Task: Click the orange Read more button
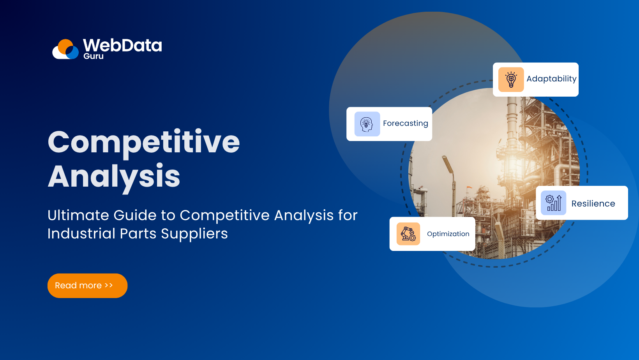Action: [x=87, y=286]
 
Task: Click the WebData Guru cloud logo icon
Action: [x=66, y=49]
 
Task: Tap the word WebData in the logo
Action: [x=122, y=45]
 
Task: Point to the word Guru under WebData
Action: [x=94, y=56]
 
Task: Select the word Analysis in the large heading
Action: [x=114, y=176]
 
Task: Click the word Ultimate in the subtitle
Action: [x=78, y=215]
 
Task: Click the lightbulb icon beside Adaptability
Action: [x=511, y=79]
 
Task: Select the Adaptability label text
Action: [x=551, y=79]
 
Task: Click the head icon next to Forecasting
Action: [x=367, y=124]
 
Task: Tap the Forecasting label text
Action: [x=405, y=124]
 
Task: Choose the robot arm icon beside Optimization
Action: [x=408, y=234]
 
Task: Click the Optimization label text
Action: [x=448, y=234]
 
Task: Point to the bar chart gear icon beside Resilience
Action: [x=553, y=203]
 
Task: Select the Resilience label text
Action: [x=593, y=203]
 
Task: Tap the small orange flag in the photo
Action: [x=470, y=188]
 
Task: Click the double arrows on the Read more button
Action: [x=109, y=285]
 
